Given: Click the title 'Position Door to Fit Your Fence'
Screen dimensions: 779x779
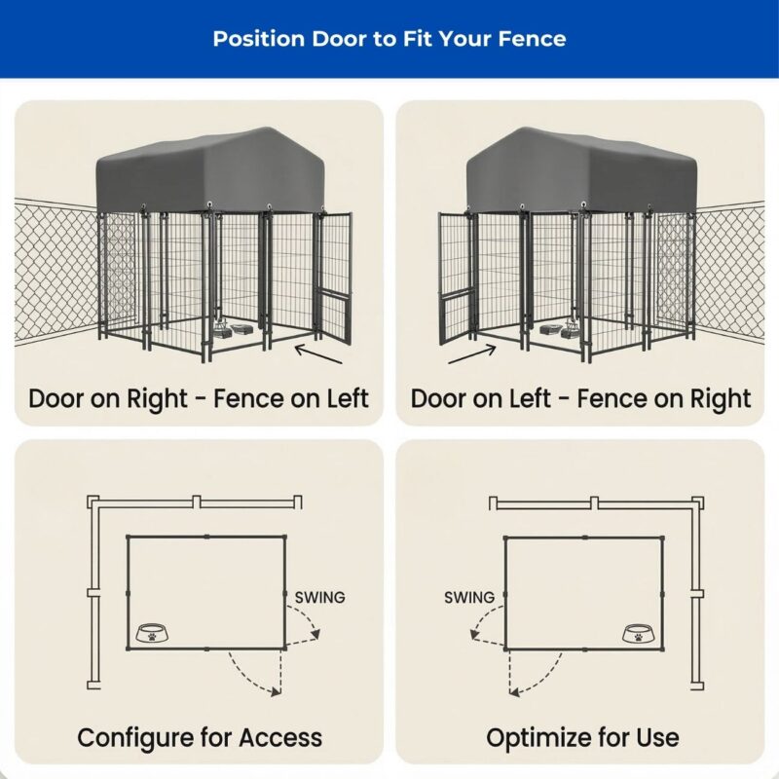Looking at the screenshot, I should coord(389,39).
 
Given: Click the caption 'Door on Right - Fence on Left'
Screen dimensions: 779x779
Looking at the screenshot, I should coord(199,398).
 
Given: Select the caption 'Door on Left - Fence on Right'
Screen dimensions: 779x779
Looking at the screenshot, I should coord(580,398).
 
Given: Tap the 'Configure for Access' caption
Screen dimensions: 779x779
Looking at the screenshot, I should coord(200,737).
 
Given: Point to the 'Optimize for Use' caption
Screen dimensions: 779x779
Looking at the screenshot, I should coord(582,737).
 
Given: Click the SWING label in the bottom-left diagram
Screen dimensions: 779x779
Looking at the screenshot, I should coord(319,597).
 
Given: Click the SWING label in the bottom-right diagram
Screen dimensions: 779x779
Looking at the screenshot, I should coord(469,597).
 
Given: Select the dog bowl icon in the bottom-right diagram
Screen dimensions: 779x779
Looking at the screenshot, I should coord(638,634).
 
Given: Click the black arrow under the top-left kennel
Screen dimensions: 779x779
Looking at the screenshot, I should coord(318,353).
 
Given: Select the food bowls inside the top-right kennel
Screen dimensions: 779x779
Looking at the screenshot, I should coord(559,331).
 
